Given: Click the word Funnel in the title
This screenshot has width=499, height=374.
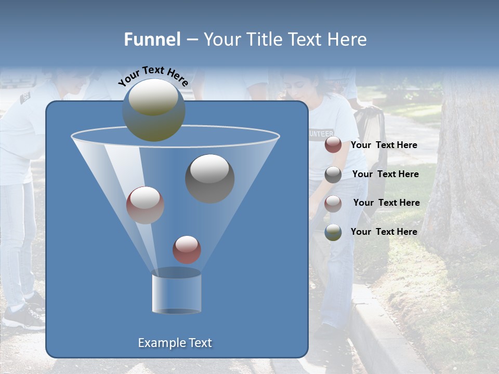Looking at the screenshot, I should click(152, 39).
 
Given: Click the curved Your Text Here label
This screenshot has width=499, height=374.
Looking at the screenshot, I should click(153, 76).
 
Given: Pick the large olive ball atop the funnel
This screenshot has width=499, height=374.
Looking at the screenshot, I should click(153, 110).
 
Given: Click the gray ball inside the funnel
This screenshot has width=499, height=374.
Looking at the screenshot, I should click(209, 178).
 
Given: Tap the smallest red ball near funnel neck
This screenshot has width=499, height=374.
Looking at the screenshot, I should click(187, 249).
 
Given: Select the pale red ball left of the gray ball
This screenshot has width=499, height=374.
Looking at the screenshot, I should click(145, 205).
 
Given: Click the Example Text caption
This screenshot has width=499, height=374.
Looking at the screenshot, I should click(175, 343).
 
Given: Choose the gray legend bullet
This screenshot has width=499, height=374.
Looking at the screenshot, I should click(333, 175).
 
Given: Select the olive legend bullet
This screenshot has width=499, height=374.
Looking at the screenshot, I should click(333, 232).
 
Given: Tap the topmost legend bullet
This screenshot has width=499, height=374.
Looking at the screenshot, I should click(333, 145).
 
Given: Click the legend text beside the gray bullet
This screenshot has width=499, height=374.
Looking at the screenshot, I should click(385, 174).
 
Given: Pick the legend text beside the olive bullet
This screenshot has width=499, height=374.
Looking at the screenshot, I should click(384, 232).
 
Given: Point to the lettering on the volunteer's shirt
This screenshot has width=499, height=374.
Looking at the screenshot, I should click(321, 132).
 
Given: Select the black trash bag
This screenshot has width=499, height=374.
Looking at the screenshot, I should click(372, 130).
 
